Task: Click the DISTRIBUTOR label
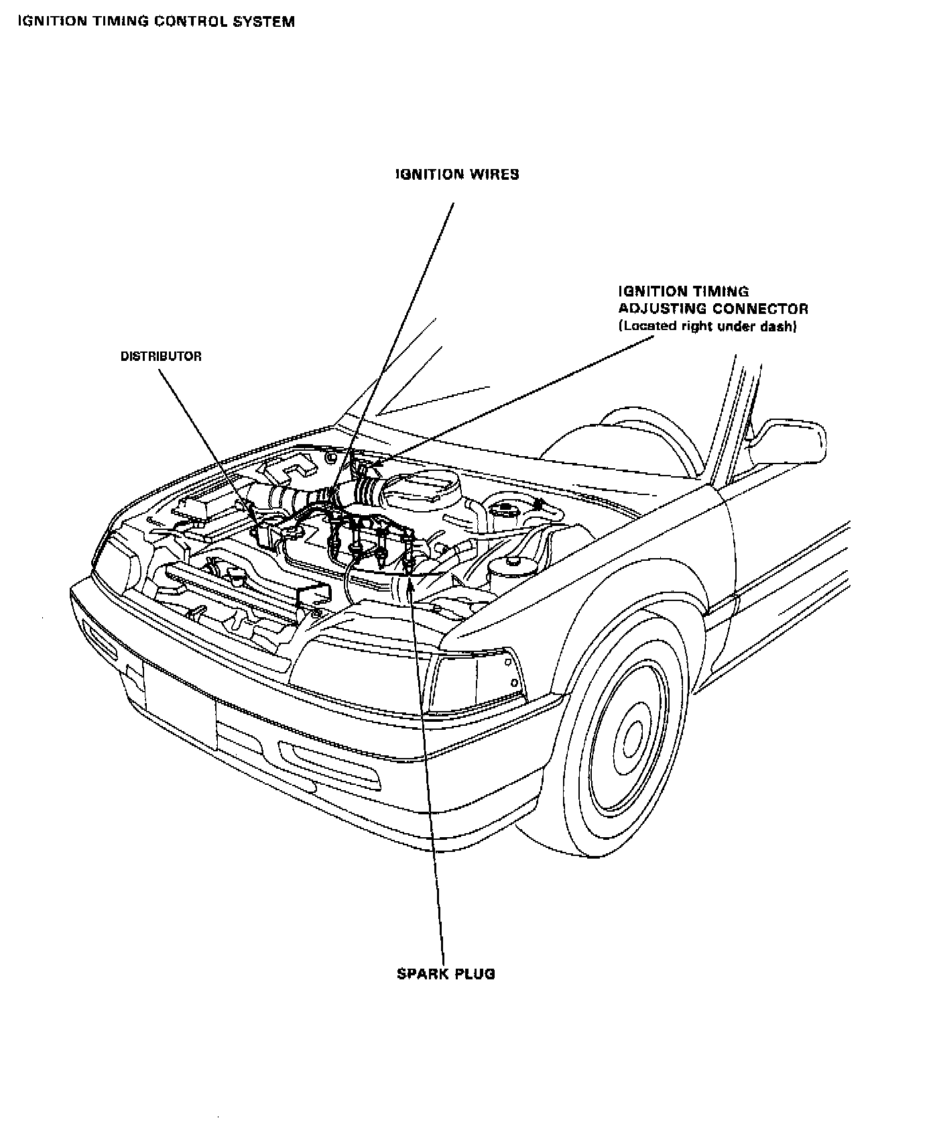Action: click(x=161, y=356)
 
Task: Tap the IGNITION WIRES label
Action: click(x=457, y=174)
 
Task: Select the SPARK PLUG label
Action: click(x=446, y=973)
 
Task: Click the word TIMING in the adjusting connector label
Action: click(x=723, y=292)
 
